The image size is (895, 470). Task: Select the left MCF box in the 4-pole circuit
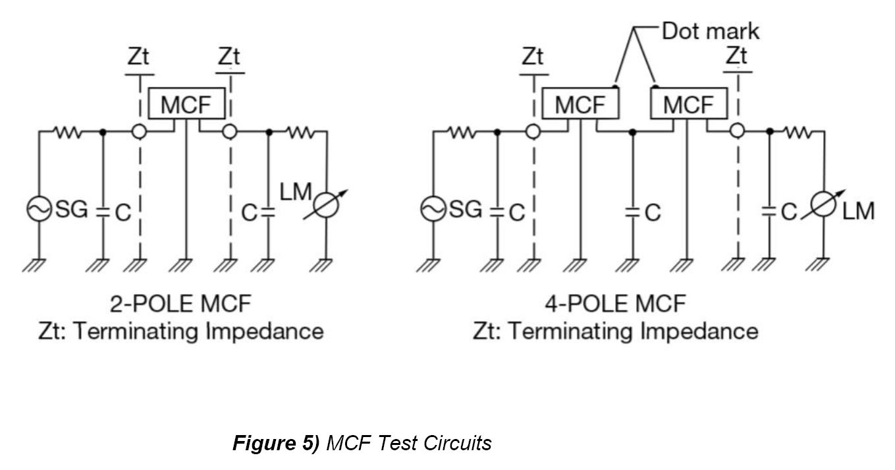point(580,103)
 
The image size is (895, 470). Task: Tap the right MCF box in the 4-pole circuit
point(688,103)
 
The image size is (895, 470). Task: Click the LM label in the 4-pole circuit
point(859,211)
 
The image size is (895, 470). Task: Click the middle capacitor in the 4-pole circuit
point(632,212)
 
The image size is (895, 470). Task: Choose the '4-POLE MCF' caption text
point(615,304)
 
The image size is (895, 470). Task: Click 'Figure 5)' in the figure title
point(276,443)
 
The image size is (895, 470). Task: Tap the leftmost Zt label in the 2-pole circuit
point(138,57)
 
